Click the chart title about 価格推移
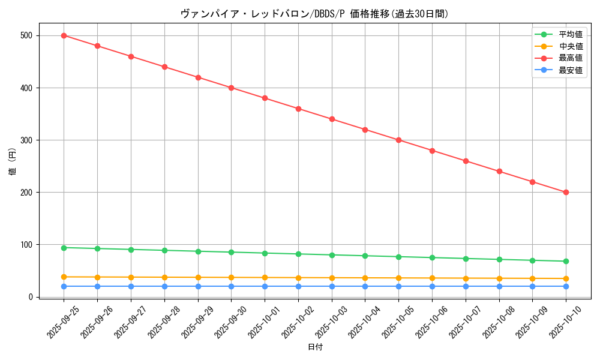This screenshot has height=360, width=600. click(314, 14)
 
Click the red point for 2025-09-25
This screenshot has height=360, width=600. click(64, 35)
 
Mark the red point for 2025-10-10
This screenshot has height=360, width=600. click(566, 192)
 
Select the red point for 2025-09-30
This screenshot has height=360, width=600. click(231, 88)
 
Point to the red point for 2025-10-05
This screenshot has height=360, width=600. click(398, 140)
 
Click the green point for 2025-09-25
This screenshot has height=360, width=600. click(64, 248)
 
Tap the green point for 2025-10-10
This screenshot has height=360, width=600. click(566, 261)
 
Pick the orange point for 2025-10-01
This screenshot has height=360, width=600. click(265, 278)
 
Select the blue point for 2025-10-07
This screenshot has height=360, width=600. click(466, 286)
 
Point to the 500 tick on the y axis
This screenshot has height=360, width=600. click(25, 35)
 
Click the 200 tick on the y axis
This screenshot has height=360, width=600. click(25, 192)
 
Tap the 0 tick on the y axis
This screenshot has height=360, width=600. click(29, 297)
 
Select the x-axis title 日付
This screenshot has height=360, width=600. click(315, 347)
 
